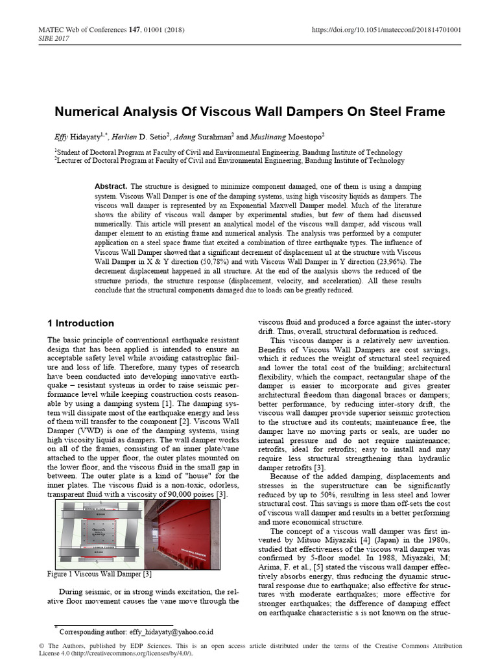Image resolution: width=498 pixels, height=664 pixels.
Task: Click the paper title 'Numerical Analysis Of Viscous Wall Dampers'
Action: (x=250, y=112)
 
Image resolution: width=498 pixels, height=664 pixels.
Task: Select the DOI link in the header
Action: (x=387, y=30)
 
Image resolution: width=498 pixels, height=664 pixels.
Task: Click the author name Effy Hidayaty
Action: (x=76, y=137)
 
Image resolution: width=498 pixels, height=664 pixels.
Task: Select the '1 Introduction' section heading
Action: (x=81, y=323)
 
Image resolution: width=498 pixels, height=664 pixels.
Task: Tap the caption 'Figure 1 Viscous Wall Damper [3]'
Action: (x=100, y=574)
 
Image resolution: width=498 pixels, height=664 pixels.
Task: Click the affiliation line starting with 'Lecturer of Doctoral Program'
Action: (x=229, y=160)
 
